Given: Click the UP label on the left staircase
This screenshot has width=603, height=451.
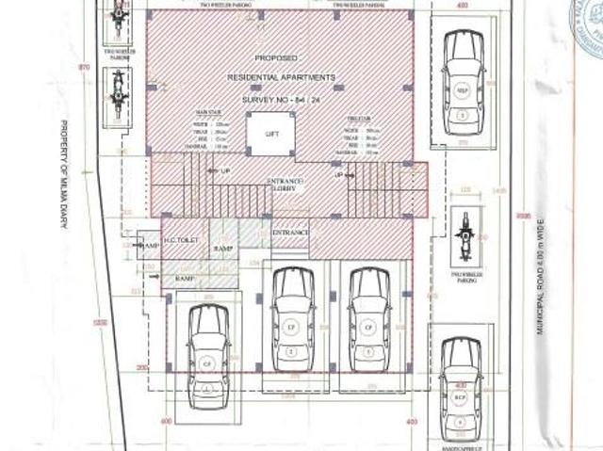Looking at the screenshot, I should [224, 171].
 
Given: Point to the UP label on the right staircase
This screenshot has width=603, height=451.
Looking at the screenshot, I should [337, 175].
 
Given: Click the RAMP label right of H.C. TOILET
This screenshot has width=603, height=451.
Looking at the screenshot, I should [223, 248].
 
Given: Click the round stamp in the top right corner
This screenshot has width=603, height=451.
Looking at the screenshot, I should [588, 24].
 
